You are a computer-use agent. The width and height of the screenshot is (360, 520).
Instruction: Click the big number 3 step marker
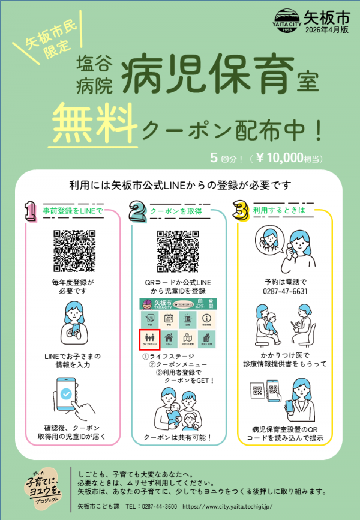click(x=241, y=211)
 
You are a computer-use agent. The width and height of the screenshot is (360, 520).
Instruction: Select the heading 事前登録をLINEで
click(x=73, y=211)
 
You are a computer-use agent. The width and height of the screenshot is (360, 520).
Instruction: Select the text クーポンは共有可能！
click(x=178, y=437)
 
